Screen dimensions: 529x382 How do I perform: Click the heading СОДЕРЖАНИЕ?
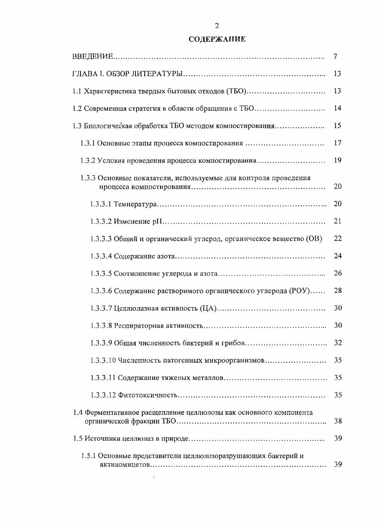coord(217,39)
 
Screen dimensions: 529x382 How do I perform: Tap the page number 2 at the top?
coord(217,25)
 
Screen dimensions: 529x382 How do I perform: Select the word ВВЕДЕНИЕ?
coord(93,57)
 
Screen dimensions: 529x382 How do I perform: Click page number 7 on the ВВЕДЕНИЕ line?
coord(336,57)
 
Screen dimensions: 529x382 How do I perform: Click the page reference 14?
coord(337,108)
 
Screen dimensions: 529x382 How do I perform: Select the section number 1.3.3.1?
coord(101,204)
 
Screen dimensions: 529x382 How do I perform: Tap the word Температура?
coord(136,204)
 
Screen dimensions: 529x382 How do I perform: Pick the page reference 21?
coord(337,221)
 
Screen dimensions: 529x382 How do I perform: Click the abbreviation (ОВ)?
coord(314,239)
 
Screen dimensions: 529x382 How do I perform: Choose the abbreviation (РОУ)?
coord(301,291)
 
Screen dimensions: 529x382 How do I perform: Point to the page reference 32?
coord(337,343)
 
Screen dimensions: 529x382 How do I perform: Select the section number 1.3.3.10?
coord(103,360)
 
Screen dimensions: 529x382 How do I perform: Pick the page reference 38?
coord(337,421)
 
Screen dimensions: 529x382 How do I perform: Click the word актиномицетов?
coord(124,464)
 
